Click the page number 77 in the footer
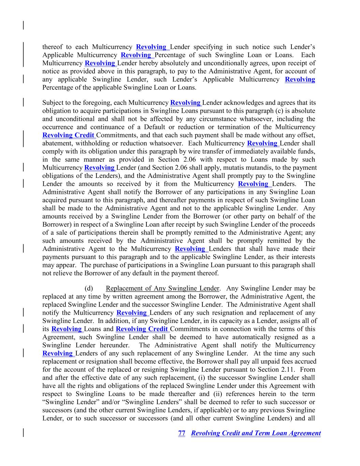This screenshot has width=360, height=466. pos(182,433)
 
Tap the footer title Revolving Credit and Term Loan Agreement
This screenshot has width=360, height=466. pos(256,433)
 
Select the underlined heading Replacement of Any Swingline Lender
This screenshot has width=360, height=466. pos(162,288)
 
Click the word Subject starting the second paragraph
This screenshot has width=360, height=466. pos(53,103)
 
